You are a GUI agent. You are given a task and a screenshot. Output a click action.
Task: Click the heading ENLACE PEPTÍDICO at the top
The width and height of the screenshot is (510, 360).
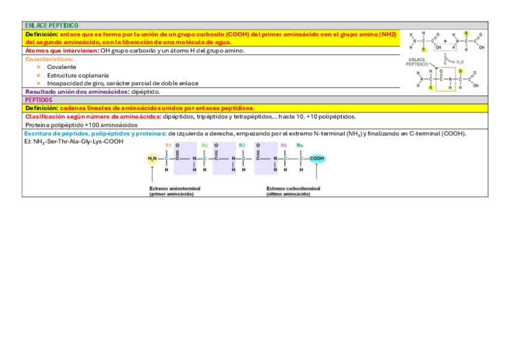pyautogui.click(x=52, y=26)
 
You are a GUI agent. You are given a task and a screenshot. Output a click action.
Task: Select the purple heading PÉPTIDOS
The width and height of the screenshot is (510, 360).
pyautogui.click(x=38, y=100)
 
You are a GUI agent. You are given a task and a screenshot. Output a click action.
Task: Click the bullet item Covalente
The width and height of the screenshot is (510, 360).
pyautogui.click(x=61, y=67)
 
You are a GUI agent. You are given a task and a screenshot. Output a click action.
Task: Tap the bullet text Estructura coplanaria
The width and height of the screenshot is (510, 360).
pyautogui.click(x=78, y=75)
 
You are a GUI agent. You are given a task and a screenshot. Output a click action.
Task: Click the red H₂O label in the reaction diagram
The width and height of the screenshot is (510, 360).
pyautogui.click(x=459, y=62)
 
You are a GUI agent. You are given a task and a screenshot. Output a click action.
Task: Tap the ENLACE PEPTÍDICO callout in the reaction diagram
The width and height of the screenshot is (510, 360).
pyautogui.click(x=417, y=62)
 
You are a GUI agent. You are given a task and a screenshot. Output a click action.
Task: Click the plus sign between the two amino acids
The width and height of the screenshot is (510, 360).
pyautogui.click(x=445, y=41)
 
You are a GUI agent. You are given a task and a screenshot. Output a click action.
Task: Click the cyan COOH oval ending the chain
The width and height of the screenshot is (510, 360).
pyautogui.click(x=316, y=159)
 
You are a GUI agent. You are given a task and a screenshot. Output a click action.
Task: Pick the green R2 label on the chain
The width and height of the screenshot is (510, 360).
pyautogui.click(x=204, y=146)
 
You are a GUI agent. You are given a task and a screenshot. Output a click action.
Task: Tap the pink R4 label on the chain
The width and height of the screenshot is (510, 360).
pyautogui.click(x=283, y=146)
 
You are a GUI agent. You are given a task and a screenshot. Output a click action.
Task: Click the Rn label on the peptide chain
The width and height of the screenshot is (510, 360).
pyautogui.click(x=300, y=146)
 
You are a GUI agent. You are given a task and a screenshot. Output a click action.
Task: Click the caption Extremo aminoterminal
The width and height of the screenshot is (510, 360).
pyautogui.click(x=175, y=188)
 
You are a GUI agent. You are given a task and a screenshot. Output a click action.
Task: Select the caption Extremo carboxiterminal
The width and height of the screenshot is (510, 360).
pyautogui.click(x=293, y=188)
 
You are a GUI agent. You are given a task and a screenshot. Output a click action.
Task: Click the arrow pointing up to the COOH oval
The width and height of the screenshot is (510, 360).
pyautogui.click(x=316, y=174)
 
